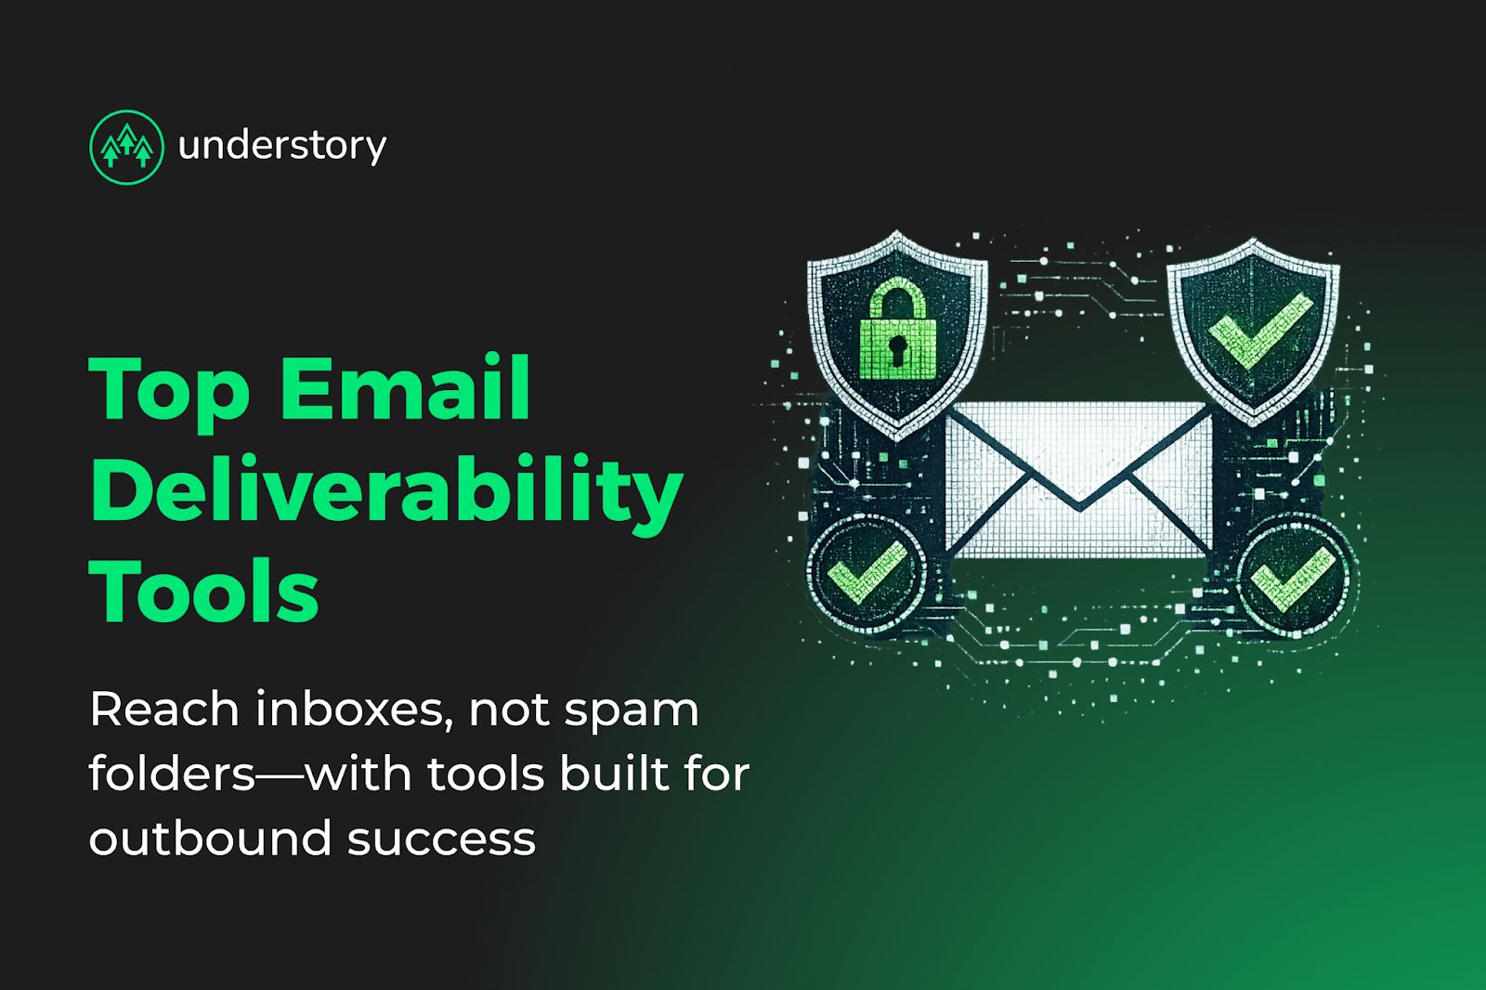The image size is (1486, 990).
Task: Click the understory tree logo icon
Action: [x=126, y=147]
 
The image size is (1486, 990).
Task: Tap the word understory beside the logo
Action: [x=282, y=146]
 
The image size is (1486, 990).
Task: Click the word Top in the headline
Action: [x=169, y=390]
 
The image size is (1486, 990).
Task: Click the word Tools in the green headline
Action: [x=204, y=591]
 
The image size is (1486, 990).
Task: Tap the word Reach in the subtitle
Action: [x=164, y=710]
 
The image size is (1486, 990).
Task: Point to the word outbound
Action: [x=210, y=838]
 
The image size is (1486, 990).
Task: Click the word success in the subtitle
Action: [x=442, y=840]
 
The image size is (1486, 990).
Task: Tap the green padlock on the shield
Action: [x=897, y=330]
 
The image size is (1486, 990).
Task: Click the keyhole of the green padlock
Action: [x=898, y=349]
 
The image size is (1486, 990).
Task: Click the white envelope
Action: [x=1079, y=478]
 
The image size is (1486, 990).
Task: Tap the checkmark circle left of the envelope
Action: [x=867, y=572]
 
